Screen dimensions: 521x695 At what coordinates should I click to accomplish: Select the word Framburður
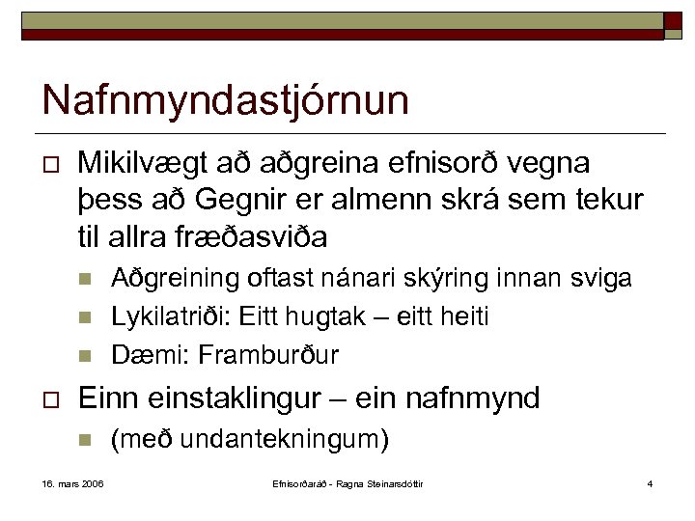tap(268, 354)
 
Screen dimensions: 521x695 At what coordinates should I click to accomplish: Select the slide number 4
tap(651, 482)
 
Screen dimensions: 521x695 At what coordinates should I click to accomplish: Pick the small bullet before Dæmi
tap(85, 355)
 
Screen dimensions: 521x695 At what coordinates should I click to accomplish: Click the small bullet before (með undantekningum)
tap(85, 442)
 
